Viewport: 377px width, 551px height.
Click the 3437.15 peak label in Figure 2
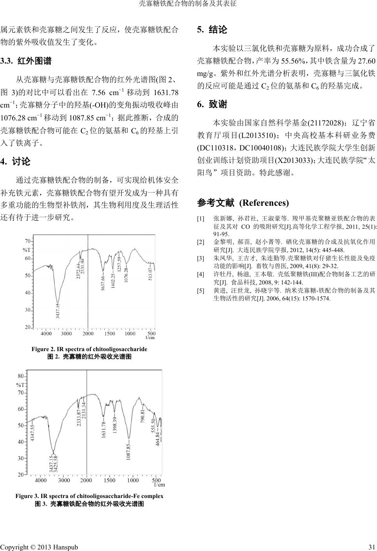(57, 311)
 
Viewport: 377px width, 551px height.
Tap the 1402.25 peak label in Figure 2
(113, 281)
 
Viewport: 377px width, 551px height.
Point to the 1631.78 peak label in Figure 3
(103, 430)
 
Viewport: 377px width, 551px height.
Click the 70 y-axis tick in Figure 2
(28, 241)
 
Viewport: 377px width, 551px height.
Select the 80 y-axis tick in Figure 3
(21, 376)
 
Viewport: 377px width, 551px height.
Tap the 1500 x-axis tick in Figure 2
(109, 334)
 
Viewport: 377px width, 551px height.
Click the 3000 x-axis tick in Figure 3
(64, 480)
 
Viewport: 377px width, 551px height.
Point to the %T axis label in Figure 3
(20, 385)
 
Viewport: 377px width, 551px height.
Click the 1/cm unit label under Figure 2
(150, 338)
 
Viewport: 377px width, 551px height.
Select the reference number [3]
(201, 258)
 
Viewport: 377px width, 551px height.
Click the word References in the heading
(264, 203)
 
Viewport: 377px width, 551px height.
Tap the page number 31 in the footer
(371, 547)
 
